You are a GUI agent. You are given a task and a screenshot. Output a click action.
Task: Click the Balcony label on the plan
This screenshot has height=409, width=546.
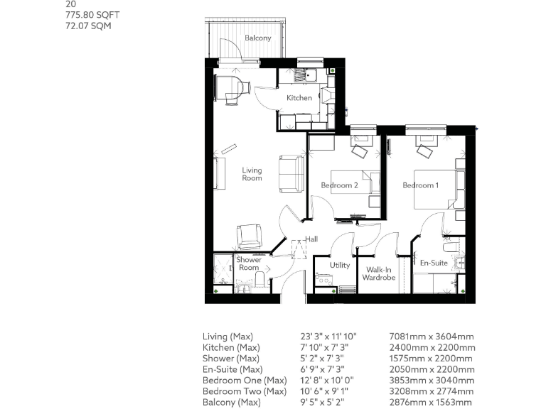pos(257,38)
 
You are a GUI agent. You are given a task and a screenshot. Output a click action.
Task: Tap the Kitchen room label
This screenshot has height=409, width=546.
pos(299,97)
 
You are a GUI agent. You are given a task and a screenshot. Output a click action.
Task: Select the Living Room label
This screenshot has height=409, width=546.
pos(252,174)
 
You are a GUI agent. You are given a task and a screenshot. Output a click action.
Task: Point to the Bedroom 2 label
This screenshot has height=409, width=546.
pos(339,185)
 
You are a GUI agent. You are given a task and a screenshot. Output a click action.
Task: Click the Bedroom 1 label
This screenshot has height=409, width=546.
pos(420,185)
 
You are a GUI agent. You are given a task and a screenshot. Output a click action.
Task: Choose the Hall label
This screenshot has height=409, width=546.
pos(311,239)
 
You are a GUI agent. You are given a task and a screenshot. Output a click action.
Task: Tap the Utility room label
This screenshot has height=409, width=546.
pos(340,265)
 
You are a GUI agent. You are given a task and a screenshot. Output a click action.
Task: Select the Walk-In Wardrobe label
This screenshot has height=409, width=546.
pos(378,273)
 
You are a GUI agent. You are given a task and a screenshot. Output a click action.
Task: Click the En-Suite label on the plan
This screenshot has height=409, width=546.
pos(433,262)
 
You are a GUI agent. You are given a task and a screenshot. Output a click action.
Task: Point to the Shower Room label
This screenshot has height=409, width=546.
pos(248,263)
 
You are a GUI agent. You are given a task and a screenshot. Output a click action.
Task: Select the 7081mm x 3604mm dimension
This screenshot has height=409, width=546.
pos(432,337)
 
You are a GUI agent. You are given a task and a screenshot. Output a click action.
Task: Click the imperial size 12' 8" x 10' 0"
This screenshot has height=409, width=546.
pos(328,381)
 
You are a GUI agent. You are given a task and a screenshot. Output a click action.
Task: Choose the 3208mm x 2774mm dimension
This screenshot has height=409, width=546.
pos(432,392)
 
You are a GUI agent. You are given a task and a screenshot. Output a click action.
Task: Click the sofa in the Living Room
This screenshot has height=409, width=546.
pos(291,173)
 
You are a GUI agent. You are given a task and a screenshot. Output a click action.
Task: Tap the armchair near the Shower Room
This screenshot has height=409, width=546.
pos(249,235)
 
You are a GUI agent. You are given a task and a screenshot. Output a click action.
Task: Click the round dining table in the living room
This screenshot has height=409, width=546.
pos(232,87)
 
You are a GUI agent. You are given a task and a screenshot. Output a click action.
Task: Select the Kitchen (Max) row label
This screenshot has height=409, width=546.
pos(232,347)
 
